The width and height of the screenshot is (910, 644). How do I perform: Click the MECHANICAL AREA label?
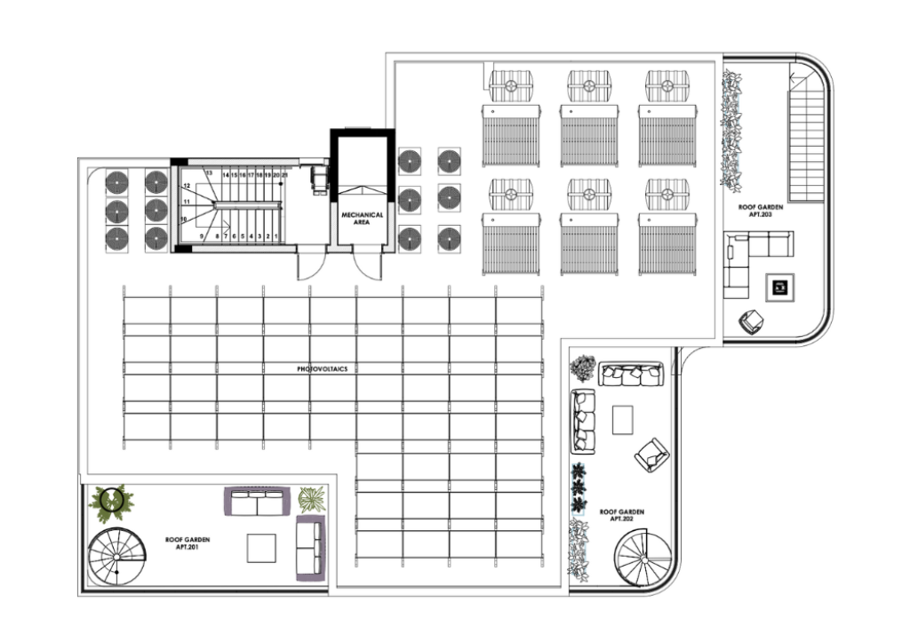click(x=363, y=218)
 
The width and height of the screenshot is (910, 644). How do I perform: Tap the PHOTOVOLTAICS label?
click(x=322, y=369)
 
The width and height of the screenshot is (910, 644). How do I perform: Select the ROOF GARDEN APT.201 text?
click(x=188, y=543)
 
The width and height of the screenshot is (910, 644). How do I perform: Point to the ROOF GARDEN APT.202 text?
click(x=622, y=515)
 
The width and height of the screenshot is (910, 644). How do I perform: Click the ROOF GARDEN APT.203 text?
click(x=761, y=210)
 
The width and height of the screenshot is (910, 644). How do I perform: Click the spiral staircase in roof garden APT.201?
click(x=116, y=557)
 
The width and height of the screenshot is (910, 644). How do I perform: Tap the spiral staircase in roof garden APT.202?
click(x=644, y=558)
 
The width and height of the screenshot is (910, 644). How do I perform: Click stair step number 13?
click(x=209, y=173)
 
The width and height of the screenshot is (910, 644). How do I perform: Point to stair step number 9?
click(x=202, y=237)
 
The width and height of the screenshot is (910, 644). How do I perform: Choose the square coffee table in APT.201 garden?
click(x=261, y=548)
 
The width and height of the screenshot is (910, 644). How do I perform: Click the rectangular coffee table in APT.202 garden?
click(x=623, y=420)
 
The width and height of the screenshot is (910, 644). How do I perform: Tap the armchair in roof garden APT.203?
click(x=751, y=322)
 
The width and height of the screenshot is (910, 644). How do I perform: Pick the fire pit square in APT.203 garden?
click(x=779, y=287)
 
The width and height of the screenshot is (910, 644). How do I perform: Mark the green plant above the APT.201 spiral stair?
click(x=111, y=503)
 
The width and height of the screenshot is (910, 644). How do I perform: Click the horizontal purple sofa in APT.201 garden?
click(x=258, y=501)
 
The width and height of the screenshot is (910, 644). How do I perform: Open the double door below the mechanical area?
click(x=369, y=265)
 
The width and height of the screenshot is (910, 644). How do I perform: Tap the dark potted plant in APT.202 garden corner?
click(x=583, y=367)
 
